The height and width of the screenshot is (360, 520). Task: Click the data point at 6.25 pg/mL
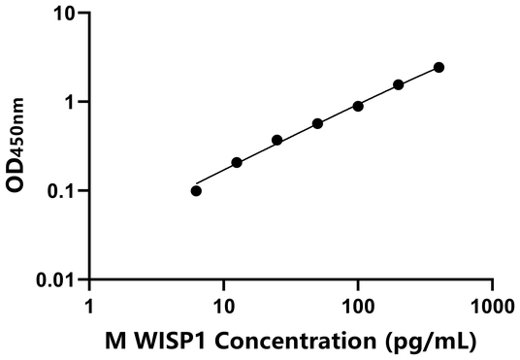196,190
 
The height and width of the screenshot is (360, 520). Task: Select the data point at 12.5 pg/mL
237,162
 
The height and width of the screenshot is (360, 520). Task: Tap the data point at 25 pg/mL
277,140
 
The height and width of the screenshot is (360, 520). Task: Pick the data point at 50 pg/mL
317,123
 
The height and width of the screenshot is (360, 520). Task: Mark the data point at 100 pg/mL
358,106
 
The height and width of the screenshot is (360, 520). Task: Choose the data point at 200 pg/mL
399,84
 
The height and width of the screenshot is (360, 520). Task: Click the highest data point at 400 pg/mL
439,67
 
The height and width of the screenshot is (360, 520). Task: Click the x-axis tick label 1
90,307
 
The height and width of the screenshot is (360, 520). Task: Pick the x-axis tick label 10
224,307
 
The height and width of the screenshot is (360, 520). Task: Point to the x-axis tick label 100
358,307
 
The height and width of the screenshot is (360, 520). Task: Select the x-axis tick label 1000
492,307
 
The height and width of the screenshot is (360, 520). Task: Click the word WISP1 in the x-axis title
175,342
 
